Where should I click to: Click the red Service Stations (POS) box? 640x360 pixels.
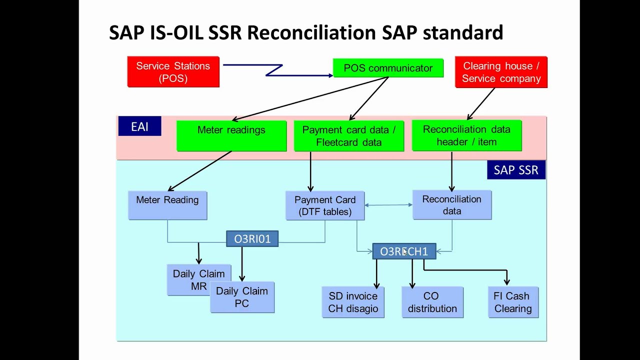click(x=173, y=72)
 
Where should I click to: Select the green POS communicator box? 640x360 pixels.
click(x=388, y=68)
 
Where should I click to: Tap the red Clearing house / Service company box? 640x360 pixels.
click(x=501, y=72)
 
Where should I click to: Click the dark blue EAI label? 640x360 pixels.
click(x=139, y=126)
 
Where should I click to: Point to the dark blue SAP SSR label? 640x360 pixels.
click(x=516, y=170)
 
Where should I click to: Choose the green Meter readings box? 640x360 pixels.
click(x=231, y=135)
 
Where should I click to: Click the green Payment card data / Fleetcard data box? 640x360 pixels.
click(x=348, y=135)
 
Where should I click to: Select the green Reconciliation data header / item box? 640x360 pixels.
click(x=466, y=135)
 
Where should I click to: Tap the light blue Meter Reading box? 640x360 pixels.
click(x=167, y=205)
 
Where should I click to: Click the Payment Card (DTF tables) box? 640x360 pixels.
click(x=325, y=205)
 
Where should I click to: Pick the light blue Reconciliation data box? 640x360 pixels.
click(x=452, y=205)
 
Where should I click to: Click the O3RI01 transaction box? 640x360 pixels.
click(x=252, y=239)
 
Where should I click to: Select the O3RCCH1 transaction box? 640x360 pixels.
click(x=404, y=251)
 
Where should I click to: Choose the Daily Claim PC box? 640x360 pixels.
click(x=242, y=297)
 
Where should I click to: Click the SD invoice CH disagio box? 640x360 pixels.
click(x=353, y=302)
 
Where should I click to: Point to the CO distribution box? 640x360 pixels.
click(x=432, y=302)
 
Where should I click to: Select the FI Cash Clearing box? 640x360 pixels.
click(x=513, y=302)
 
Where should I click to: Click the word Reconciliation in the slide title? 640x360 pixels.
click(x=311, y=32)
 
